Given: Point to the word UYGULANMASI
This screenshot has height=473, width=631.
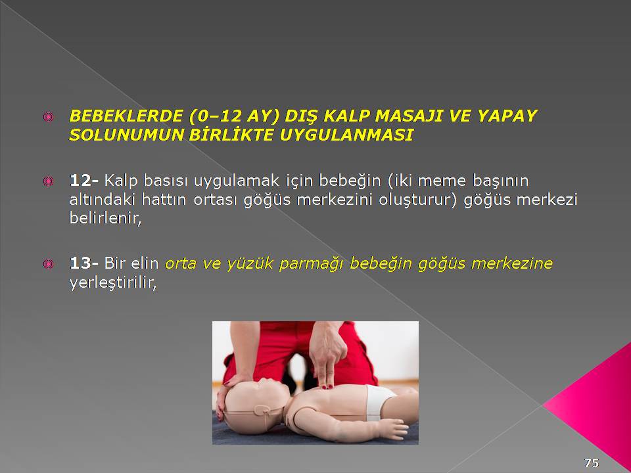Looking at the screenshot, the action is pyautogui.click(x=346, y=135).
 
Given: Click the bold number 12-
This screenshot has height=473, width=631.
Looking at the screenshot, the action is pyautogui.click(x=83, y=181).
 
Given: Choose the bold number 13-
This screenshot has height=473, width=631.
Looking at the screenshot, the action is pyautogui.click(x=83, y=263).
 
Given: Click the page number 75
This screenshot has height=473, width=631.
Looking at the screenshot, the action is pyautogui.click(x=592, y=463).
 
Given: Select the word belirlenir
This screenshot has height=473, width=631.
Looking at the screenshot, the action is pyautogui.click(x=105, y=218).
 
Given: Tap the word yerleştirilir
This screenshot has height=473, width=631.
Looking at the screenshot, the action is pyautogui.click(x=112, y=282).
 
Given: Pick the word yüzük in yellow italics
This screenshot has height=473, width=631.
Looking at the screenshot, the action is pyautogui.click(x=250, y=263).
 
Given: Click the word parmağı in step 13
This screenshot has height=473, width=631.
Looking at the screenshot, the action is pyautogui.click(x=311, y=264).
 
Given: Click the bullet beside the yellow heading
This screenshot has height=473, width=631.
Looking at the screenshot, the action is pyautogui.click(x=48, y=117).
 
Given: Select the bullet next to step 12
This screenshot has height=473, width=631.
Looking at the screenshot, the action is pyautogui.click(x=48, y=181).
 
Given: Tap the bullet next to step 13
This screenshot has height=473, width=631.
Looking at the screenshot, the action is pyautogui.click(x=48, y=264).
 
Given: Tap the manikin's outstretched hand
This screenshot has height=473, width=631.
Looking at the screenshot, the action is pyautogui.click(x=392, y=429).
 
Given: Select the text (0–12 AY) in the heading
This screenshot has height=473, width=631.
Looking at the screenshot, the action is pyautogui.click(x=233, y=116).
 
